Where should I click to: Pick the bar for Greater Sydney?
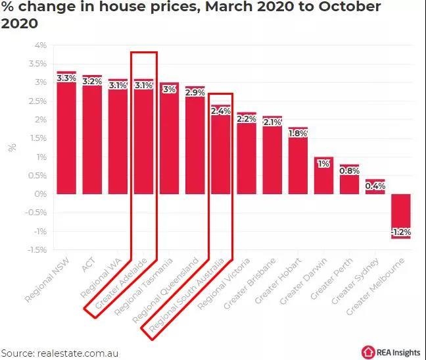tap(375, 187)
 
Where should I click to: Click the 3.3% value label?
tap(66, 78)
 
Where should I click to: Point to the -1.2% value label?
tap(400, 232)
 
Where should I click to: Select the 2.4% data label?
tap(220, 111)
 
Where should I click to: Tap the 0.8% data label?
tap(349, 171)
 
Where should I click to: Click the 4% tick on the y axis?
tap(40, 45)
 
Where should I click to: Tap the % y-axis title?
tap(12, 147)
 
